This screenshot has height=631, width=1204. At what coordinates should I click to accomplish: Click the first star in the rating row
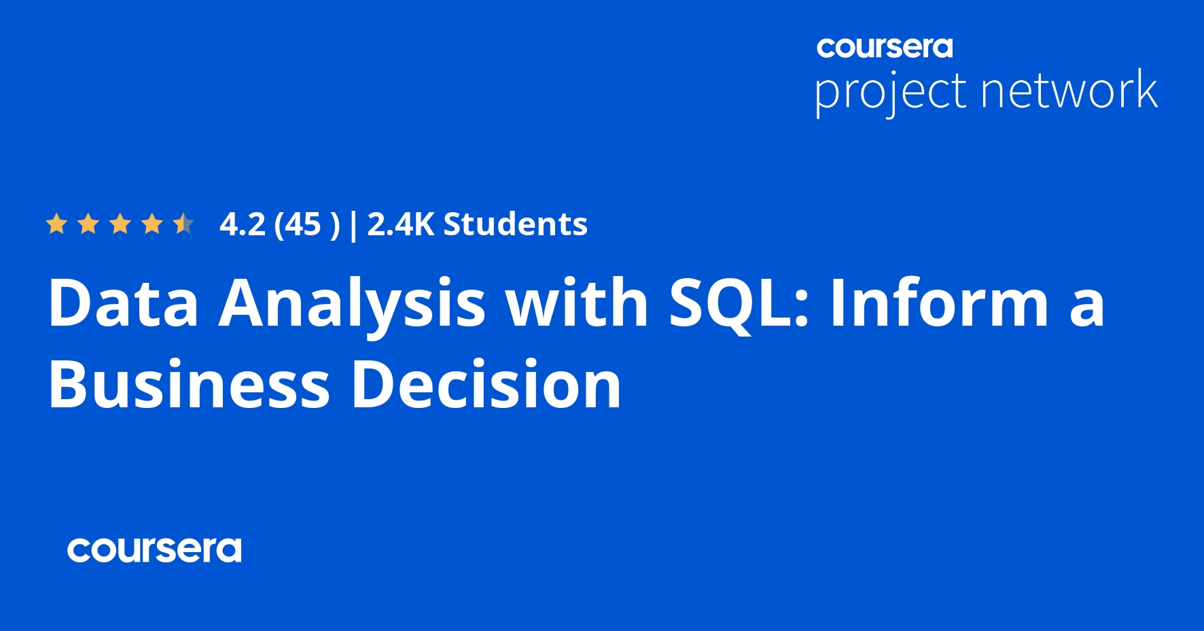click(56, 224)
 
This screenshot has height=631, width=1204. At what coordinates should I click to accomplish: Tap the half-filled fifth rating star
click(183, 224)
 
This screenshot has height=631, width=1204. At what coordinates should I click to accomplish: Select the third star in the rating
click(120, 224)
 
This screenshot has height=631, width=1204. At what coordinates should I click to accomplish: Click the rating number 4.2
click(243, 224)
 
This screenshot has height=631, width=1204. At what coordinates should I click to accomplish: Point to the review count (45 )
click(306, 225)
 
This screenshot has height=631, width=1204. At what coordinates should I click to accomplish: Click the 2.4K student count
click(400, 224)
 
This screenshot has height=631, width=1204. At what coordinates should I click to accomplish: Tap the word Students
click(516, 224)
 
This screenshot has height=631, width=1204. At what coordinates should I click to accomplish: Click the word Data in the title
click(123, 303)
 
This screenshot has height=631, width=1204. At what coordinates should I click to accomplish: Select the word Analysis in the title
click(352, 307)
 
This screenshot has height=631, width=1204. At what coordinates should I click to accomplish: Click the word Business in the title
click(189, 383)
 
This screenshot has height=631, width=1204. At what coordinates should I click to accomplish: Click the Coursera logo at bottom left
click(154, 549)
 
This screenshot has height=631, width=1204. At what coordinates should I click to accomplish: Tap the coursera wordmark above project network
click(885, 47)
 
